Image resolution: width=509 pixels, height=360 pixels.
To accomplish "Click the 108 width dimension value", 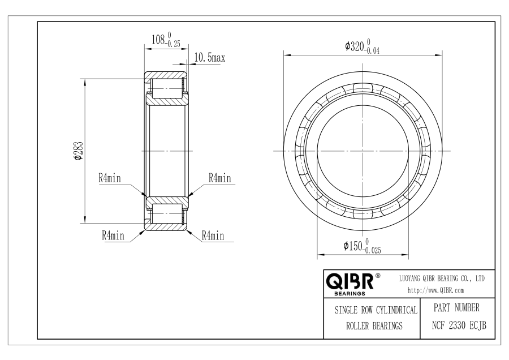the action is (x=158, y=40).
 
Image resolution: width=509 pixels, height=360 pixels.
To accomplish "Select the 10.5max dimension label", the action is (x=210, y=58).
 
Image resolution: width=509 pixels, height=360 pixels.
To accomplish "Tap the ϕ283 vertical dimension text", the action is (x=79, y=151).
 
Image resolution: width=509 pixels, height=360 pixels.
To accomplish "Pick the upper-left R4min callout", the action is (x=110, y=178).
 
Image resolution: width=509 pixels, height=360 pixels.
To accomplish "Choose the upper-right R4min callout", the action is (x=220, y=178).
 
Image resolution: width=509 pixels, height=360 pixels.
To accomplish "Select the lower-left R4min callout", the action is (x=113, y=235).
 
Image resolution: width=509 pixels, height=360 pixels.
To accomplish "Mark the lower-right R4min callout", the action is (x=213, y=235).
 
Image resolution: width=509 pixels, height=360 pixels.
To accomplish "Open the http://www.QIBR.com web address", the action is (x=435, y=290).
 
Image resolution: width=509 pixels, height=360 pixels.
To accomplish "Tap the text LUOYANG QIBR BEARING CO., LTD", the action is (x=442, y=278).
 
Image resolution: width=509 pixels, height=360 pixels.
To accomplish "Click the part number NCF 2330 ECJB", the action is (x=459, y=325).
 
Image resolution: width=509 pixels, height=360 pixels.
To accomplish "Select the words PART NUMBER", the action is (x=456, y=308).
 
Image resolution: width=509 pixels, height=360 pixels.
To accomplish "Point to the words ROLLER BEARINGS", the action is (x=374, y=326).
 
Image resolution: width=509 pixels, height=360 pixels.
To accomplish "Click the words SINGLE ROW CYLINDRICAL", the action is (x=376, y=310).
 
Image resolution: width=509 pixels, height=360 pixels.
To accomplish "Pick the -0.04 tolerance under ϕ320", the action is (x=372, y=51).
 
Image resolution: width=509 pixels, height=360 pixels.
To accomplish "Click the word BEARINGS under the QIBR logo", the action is (x=350, y=294).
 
